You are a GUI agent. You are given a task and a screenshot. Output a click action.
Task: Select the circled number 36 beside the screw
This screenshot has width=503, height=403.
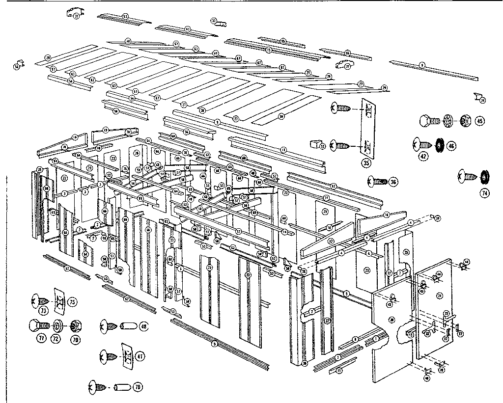pyautogui.click(x=393, y=182)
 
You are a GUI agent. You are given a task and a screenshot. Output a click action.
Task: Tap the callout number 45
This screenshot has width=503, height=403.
pyautogui.click(x=480, y=120)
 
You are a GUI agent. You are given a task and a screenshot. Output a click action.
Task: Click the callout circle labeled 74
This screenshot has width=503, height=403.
pyautogui.click(x=485, y=193)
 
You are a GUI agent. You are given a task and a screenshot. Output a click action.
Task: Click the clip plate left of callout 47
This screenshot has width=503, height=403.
pyautogui.click(x=127, y=355)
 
